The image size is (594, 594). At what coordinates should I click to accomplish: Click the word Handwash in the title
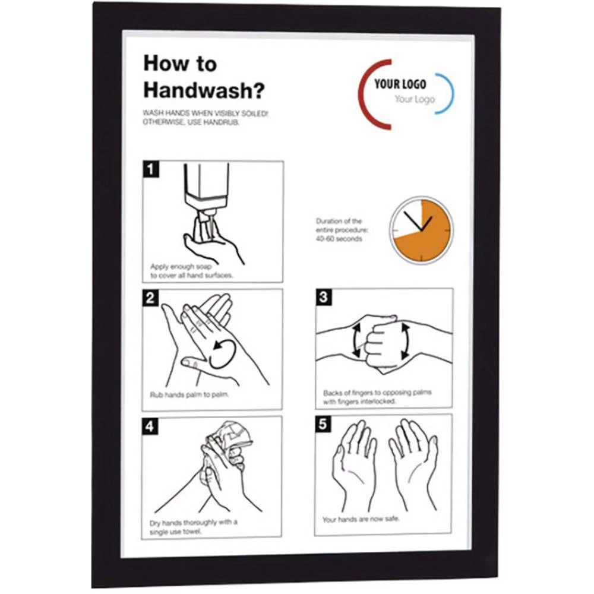coord(198,90)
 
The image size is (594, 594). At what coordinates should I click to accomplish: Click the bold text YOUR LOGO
coord(400,84)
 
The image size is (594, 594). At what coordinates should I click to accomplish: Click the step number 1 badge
coord(151,169)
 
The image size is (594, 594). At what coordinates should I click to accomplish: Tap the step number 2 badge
coord(150,298)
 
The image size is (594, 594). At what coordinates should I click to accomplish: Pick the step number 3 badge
coord(324,296)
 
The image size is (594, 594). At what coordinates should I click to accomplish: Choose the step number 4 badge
coord(150,426)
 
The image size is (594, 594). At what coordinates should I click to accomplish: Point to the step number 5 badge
coord(323,424)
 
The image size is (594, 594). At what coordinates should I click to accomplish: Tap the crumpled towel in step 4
coord(229,440)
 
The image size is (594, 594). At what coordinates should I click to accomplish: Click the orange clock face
coord(421,230)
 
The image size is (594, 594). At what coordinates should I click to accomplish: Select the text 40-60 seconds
coord(339,239)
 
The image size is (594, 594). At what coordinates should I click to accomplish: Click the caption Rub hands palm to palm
coord(189,395)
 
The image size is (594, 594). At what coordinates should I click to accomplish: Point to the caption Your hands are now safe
coord(361,519)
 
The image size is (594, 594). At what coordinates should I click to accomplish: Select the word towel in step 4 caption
coord(191,532)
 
